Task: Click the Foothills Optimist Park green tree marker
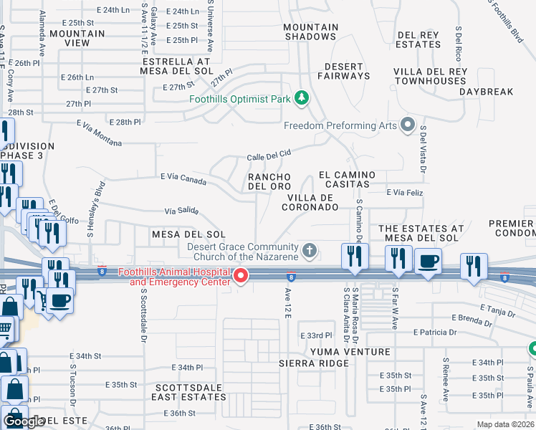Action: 302,97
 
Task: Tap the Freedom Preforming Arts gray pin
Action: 408,125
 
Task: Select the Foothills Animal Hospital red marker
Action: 241,276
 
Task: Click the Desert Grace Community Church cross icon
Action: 310,251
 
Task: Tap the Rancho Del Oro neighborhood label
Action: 269,182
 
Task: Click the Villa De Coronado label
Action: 312,202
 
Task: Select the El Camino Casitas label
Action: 348,179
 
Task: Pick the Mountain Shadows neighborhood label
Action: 310,32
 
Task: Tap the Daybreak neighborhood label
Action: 487,92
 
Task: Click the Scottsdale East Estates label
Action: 191,392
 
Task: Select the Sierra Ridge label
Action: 314,363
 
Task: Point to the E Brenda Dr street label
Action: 474,317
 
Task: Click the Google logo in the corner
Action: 24,421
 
